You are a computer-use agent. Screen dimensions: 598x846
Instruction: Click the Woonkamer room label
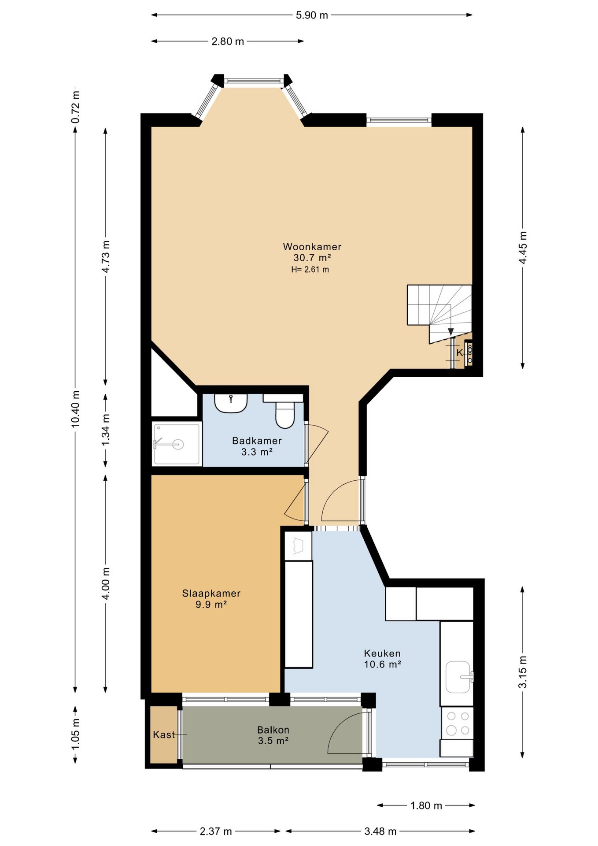(x=312, y=247)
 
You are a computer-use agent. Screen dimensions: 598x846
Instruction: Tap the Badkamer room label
(x=257, y=441)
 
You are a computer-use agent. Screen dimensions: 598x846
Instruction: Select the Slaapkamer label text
(x=211, y=593)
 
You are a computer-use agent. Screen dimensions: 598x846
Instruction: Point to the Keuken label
(x=382, y=653)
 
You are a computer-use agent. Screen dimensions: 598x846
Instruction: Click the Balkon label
(x=273, y=730)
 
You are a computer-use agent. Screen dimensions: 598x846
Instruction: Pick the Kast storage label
(x=164, y=735)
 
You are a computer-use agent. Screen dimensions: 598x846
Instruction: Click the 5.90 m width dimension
(x=312, y=15)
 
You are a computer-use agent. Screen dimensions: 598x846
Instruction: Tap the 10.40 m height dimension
(x=75, y=409)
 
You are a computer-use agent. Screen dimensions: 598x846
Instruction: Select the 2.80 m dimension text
(x=228, y=41)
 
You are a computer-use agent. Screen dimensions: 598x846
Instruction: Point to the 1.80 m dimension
(x=426, y=805)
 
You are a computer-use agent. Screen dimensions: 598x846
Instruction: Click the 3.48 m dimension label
(x=380, y=831)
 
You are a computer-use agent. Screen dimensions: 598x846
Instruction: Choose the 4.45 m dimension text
(x=523, y=248)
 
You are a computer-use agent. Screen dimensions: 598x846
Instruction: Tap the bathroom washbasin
(x=231, y=403)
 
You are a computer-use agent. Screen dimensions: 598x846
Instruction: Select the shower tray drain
(x=178, y=444)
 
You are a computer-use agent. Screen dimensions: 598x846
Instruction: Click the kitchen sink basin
(x=458, y=677)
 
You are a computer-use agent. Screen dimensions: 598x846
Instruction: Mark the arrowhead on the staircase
(x=450, y=332)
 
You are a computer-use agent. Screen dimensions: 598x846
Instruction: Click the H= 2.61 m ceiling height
(x=310, y=270)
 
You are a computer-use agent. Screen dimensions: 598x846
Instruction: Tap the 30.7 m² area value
(x=312, y=258)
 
